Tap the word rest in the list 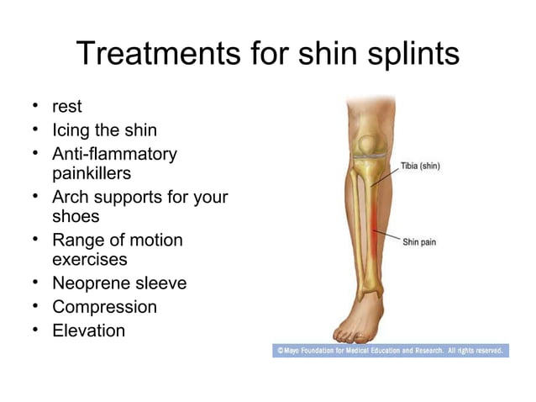[x=67, y=108]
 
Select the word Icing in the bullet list [x=73, y=131]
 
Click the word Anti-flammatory [x=114, y=154]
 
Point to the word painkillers [x=92, y=173]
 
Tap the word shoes [x=76, y=216]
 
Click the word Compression [x=104, y=307]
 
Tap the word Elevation [x=88, y=331]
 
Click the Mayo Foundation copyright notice [x=390, y=350]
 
